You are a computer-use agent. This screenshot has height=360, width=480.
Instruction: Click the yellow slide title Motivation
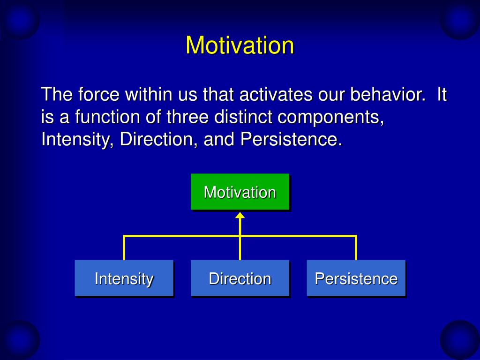coord(240,45)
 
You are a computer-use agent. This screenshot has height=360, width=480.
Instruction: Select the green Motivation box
coord(240,192)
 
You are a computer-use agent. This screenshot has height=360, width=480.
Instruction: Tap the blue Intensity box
coord(124,278)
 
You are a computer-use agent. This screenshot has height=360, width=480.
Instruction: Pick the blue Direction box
coord(240,278)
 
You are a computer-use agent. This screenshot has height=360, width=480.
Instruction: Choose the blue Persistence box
coord(356,278)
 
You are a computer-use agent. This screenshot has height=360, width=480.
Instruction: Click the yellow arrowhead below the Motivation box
coord(240,215)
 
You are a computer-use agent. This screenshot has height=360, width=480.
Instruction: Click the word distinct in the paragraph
coord(243,117)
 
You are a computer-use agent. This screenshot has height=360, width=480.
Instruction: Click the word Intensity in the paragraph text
coord(77,140)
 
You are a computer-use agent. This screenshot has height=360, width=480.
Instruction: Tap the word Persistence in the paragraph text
coord(291,139)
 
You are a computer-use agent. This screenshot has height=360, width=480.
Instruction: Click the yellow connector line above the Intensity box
coord(124,247)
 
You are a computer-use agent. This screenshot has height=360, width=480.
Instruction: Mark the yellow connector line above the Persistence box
coord(356,247)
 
